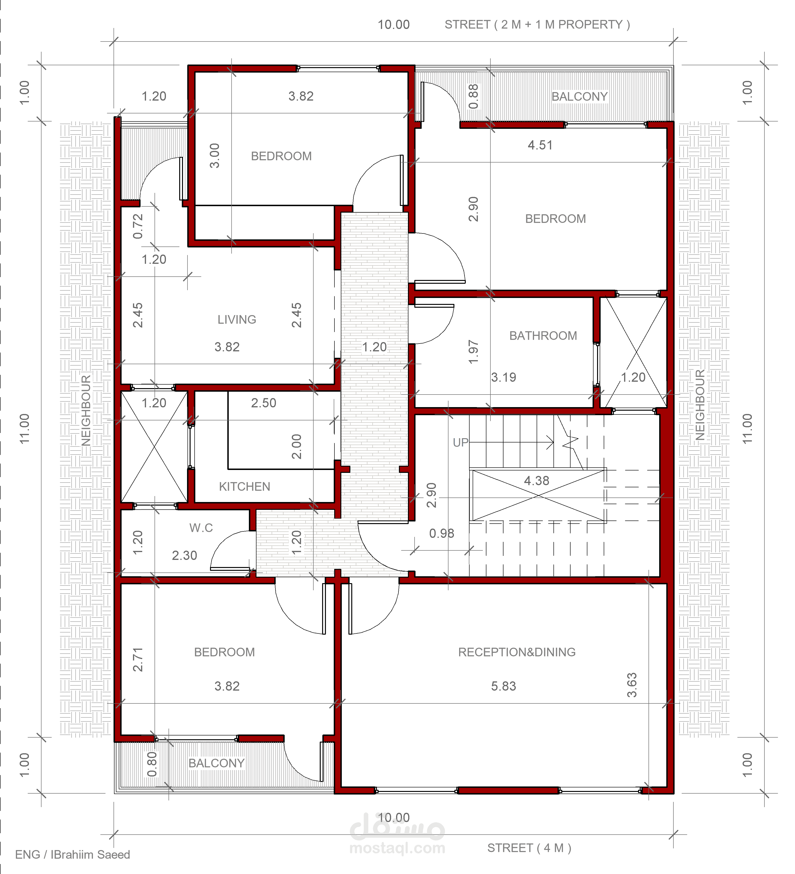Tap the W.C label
click(x=201, y=528)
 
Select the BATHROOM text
click(x=543, y=335)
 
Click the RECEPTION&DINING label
click(x=517, y=652)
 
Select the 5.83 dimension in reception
click(x=503, y=686)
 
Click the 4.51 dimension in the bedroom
click(x=540, y=145)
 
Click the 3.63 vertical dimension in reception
click(x=632, y=685)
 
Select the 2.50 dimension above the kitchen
click(x=263, y=403)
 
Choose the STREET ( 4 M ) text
click(x=529, y=848)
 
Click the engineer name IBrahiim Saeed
click(x=90, y=855)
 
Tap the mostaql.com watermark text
click(x=397, y=848)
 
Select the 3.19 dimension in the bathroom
click(x=503, y=377)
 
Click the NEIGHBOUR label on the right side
click(x=700, y=405)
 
